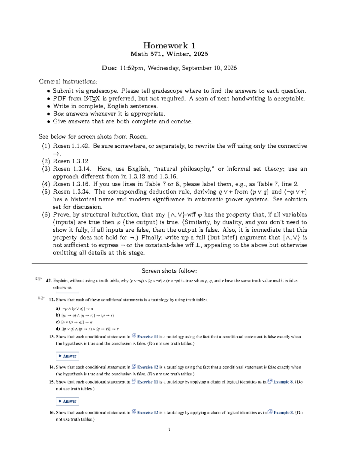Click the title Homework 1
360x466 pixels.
(x=169, y=46)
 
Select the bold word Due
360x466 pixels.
(x=108, y=68)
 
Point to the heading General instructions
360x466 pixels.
(x=68, y=82)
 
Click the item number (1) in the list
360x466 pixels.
(x=46, y=146)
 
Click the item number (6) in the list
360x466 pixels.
(x=46, y=215)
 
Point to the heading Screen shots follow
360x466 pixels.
(x=169, y=271)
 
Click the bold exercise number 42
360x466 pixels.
(x=49, y=281)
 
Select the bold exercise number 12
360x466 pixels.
(x=52, y=300)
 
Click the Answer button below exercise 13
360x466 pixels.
(x=67, y=356)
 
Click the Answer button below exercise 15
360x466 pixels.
(x=67, y=401)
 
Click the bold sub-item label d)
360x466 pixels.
(x=58, y=329)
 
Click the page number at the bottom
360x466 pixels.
(x=169, y=430)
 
